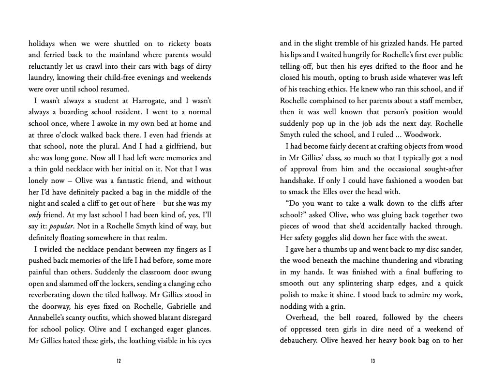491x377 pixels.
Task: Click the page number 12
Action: pyautogui.click(x=119, y=361)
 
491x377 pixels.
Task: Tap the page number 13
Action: pyautogui.click(x=372, y=361)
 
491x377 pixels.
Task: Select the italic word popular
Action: pyautogui.click(x=63, y=226)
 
